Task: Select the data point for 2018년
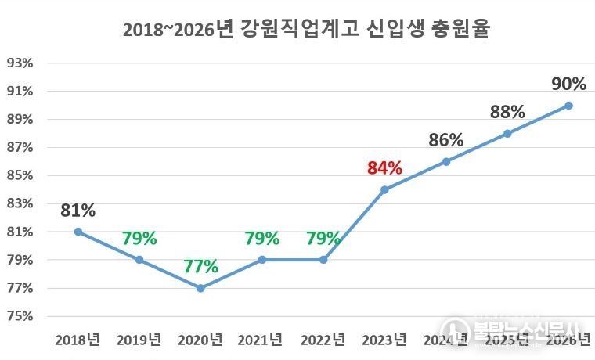pyautogui.click(x=78, y=232)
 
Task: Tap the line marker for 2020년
pyautogui.click(x=201, y=288)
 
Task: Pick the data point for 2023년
pyautogui.click(x=384, y=189)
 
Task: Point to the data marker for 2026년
pyautogui.click(x=568, y=105)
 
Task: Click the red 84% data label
pyautogui.click(x=384, y=168)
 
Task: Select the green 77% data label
pyautogui.click(x=201, y=266)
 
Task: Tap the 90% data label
pyautogui.click(x=568, y=84)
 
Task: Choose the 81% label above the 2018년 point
pyautogui.click(x=78, y=211)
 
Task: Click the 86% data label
pyautogui.click(x=446, y=141)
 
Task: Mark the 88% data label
pyautogui.click(x=507, y=112)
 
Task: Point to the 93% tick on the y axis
pyautogui.click(x=21, y=63)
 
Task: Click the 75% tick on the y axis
pyautogui.click(x=21, y=316)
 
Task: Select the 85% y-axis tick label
pyautogui.click(x=21, y=175)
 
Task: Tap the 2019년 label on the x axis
pyautogui.click(x=139, y=340)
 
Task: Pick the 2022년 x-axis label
pyautogui.click(x=323, y=340)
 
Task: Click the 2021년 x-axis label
pyautogui.click(x=262, y=340)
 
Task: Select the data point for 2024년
pyautogui.click(x=446, y=161)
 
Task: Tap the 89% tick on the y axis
pyautogui.click(x=21, y=119)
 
